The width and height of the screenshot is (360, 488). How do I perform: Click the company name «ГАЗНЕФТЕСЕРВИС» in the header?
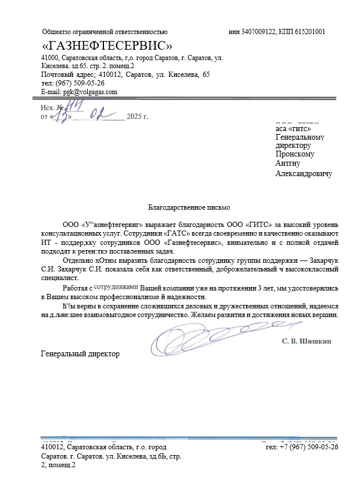[x=107, y=45]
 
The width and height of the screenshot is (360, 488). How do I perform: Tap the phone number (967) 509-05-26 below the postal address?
[x=80, y=83]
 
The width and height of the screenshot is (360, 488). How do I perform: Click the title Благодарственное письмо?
[x=189, y=206]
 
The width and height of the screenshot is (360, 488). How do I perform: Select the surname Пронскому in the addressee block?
[x=295, y=154]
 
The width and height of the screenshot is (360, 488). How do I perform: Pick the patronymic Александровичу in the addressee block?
[x=303, y=173]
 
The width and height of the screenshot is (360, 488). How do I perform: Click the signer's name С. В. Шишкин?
[x=306, y=341]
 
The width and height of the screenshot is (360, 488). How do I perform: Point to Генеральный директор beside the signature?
[x=80, y=353]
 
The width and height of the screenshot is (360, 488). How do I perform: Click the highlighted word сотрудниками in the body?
[x=116, y=286]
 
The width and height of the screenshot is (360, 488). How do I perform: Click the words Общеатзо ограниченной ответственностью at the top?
[x=105, y=32]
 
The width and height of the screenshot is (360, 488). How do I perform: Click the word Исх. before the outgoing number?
[x=47, y=107]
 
